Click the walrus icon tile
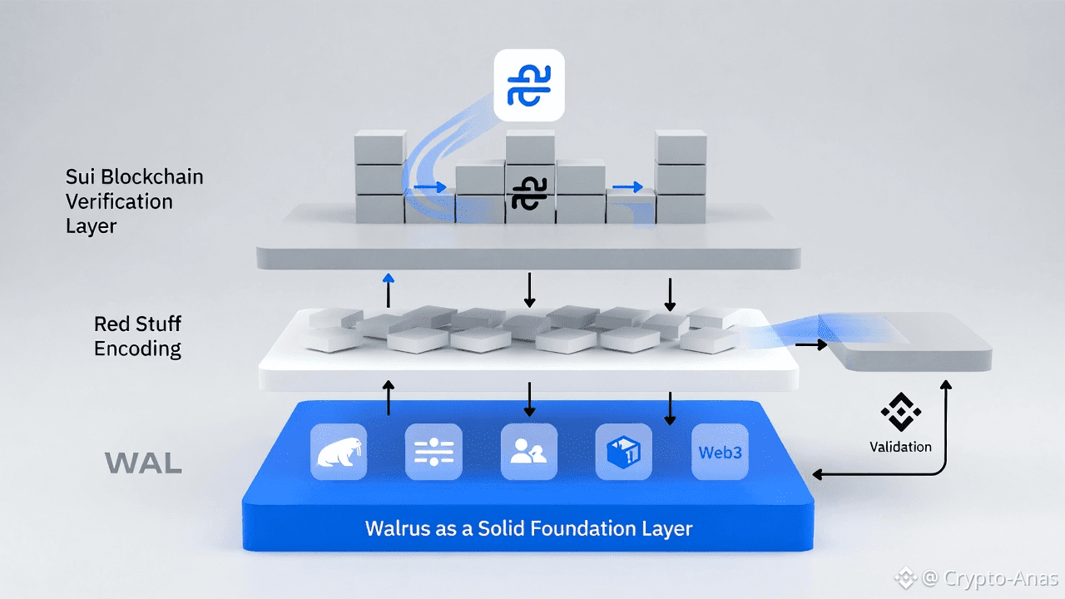click(339, 452)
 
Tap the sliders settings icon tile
click(433, 452)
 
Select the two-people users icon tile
click(529, 452)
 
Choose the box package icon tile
click(624, 452)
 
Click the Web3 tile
click(720, 452)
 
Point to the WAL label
click(143, 463)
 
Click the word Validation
click(900, 447)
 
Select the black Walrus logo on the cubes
click(529, 193)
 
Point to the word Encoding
click(137, 348)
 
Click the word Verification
click(119, 201)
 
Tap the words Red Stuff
click(137, 324)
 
